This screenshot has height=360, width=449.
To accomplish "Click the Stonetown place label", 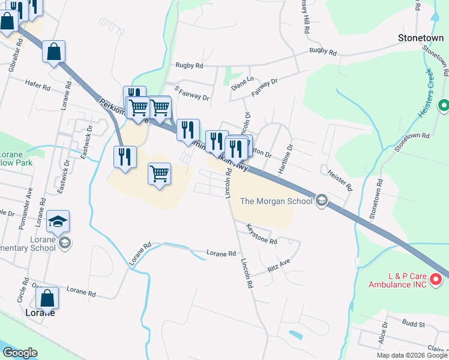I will [x=421, y=38].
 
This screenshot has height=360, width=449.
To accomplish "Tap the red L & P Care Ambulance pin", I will [x=436, y=278].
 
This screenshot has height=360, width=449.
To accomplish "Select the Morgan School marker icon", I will [x=321, y=200].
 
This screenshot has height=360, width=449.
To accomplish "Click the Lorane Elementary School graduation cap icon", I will [x=58, y=222].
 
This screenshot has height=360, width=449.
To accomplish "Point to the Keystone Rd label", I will [x=262, y=235].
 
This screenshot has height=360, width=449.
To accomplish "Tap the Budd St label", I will [x=414, y=324].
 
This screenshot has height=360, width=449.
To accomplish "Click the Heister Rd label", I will [x=340, y=179].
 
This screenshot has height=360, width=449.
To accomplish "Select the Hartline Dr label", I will [x=285, y=159].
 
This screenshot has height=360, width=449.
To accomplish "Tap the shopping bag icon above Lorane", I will [x=47, y=299].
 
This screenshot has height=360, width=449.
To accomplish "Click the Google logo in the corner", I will [x=20, y=353].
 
